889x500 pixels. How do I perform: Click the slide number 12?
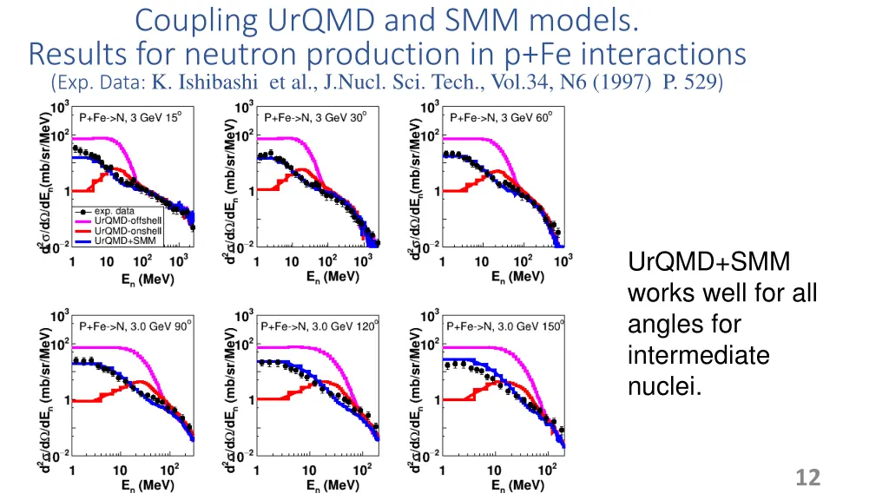(x=807, y=477)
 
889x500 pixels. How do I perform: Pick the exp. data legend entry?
(x=115, y=211)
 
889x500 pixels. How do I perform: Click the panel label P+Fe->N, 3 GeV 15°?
(x=130, y=117)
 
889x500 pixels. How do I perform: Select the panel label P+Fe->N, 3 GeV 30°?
(x=314, y=117)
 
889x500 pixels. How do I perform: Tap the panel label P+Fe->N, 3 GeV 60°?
(x=501, y=117)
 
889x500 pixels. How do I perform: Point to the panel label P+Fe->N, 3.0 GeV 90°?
(x=135, y=326)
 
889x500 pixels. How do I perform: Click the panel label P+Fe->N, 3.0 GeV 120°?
(x=319, y=326)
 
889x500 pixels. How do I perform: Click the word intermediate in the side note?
(x=698, y=355)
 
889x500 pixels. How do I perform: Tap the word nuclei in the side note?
(x=664, y=385)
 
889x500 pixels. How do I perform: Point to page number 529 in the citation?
(x=704, y=82)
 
